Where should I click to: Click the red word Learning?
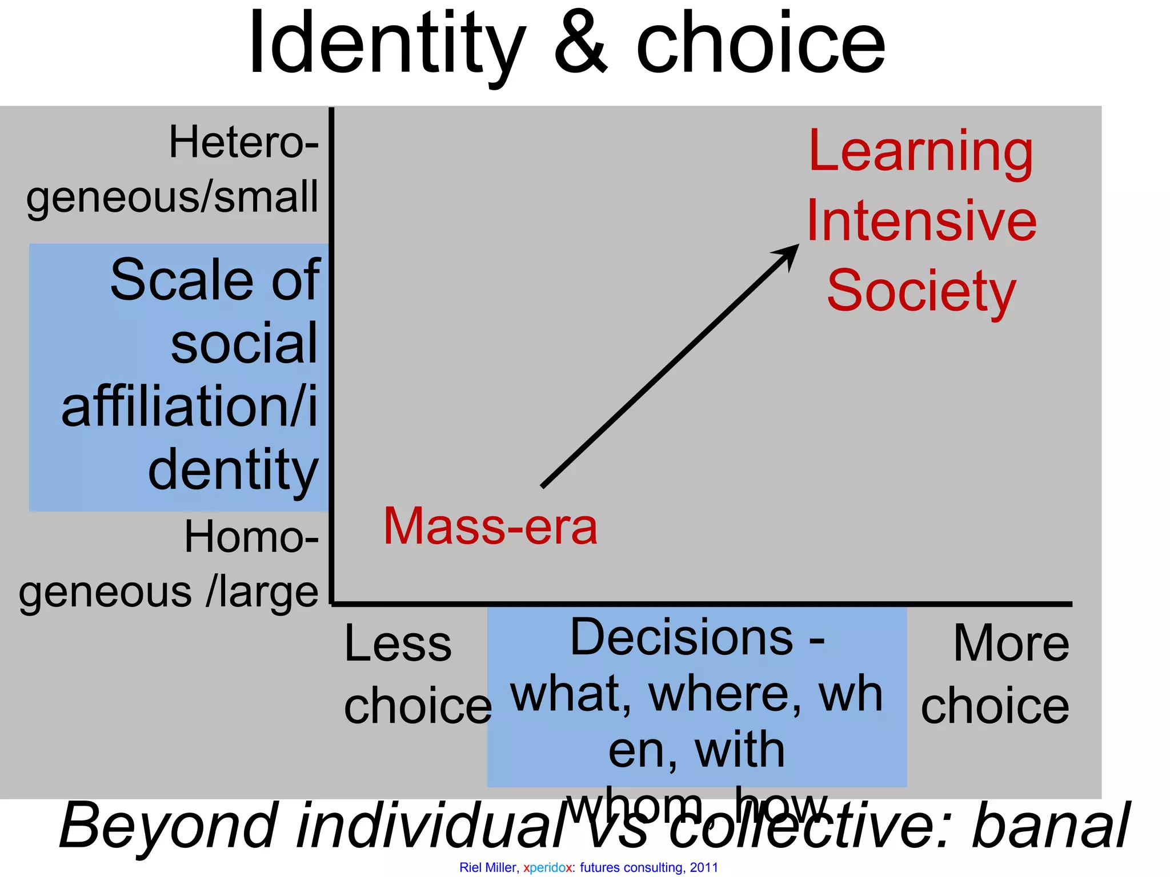coord(921,152)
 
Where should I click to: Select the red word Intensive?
coord(921,222)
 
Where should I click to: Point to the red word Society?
coord(921,291)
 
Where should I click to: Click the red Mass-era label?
coord(490,526)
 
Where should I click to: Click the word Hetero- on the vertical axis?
coord(243,143)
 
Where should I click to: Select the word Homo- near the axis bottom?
coord(251,538)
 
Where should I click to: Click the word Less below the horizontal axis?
coord(398,644)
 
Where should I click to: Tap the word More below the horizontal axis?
coord(1011,644)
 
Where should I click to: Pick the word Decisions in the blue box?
coord(682,638)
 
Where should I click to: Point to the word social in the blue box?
coord(243,344)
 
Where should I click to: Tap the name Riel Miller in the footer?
coord(488,868)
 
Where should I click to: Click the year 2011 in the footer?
coord(704,868)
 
